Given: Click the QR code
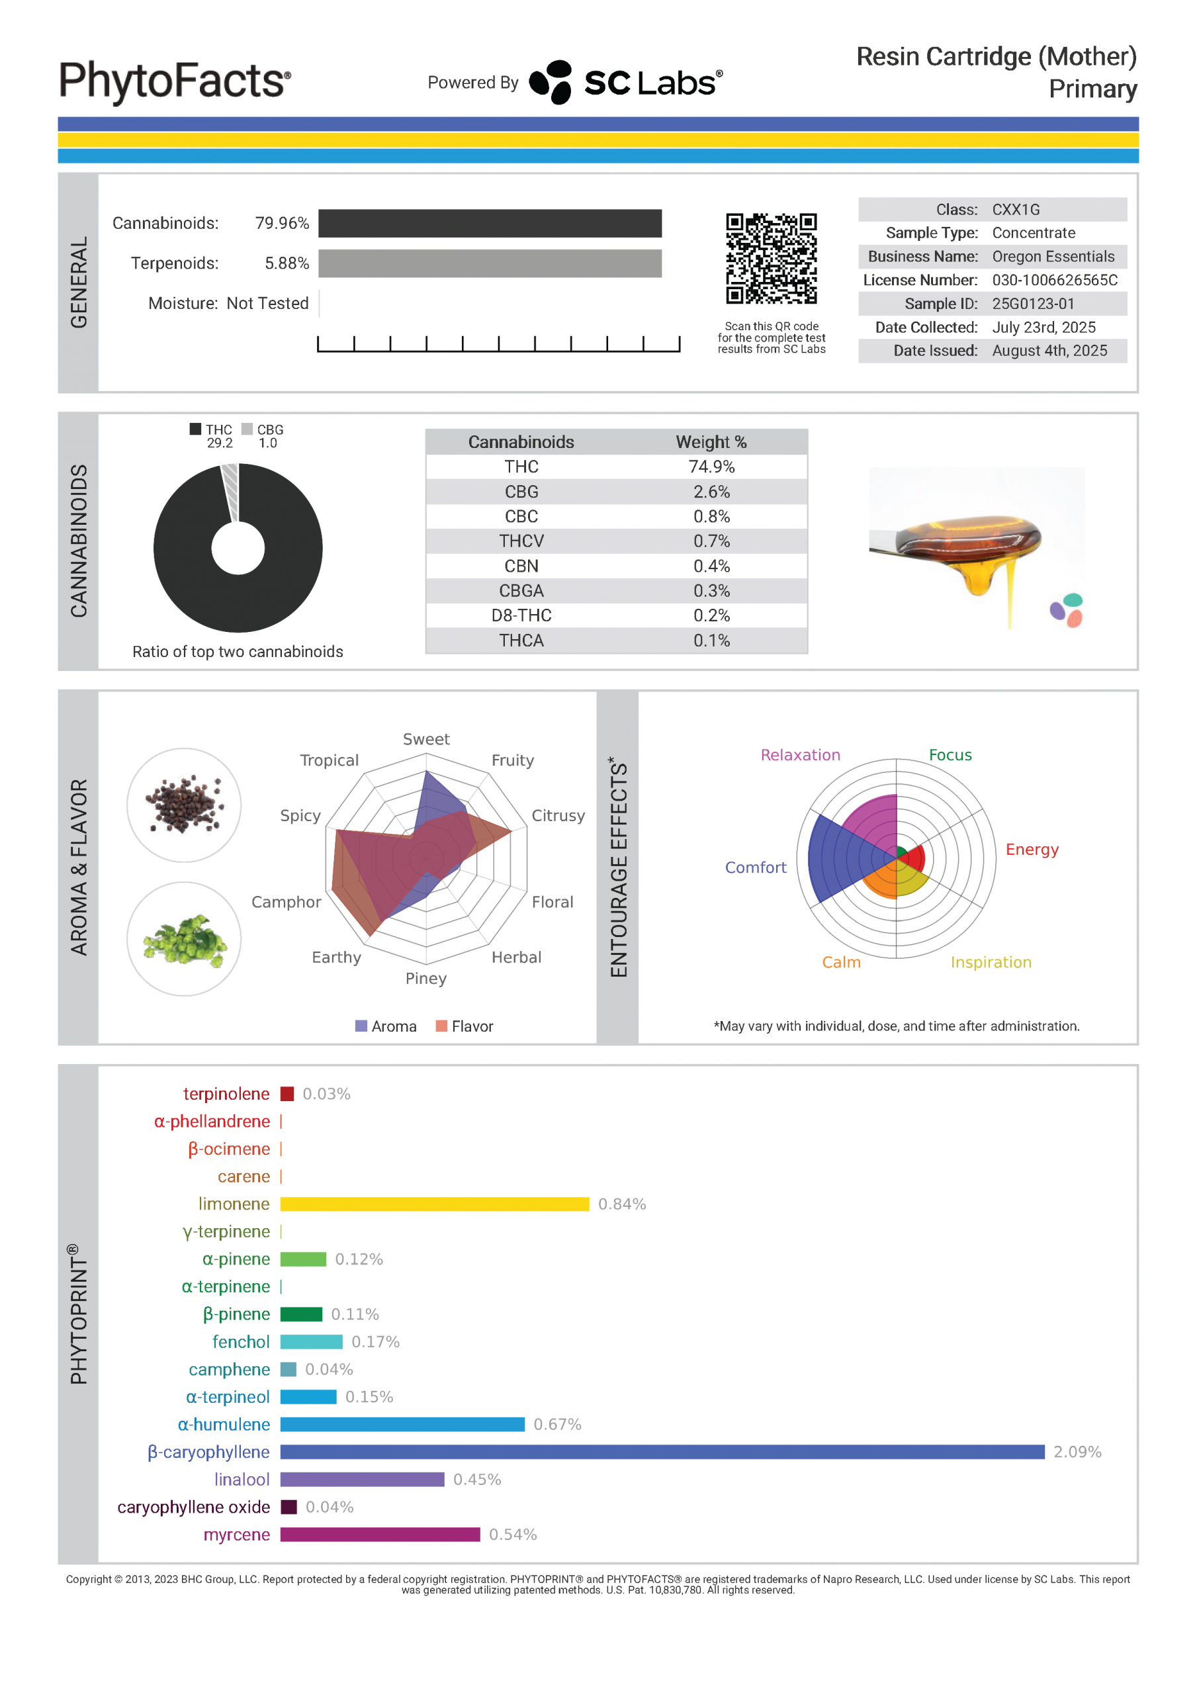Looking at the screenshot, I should pyautogui.click(x=771, y=258).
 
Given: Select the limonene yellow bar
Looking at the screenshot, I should pyautogui.click(x=434, y=1204).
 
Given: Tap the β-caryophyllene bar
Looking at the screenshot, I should pyautogui.click(x=662, y=1452).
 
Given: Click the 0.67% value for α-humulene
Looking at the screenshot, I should pyautogui.click(x=557, y=1425).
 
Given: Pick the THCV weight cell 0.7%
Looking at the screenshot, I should pyautogui.click(x=711, y=541).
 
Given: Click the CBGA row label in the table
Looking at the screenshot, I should pyautogui.click(x=521, y=591).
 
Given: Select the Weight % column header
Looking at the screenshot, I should pyautogui.click(x=711, y=442).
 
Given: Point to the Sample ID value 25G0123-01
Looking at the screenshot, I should pyautogui.click(x=1032, y=304).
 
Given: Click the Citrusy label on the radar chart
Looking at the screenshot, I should pyautogui.click(x=558, y=816).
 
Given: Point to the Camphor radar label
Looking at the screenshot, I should pyautogui.click(x=287, y=903).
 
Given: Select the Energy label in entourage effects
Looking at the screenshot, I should pyautogui.click(x=1032, y=850).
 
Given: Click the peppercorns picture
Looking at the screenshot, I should pyautogui.click(x=184, y=805).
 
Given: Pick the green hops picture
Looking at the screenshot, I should pyautogui.click(x=184, y=939).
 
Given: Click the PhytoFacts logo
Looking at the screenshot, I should pyautogui.click(x=175, y=81).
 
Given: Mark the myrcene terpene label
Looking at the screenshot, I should pyautogui.click(x=236, y=1535).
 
